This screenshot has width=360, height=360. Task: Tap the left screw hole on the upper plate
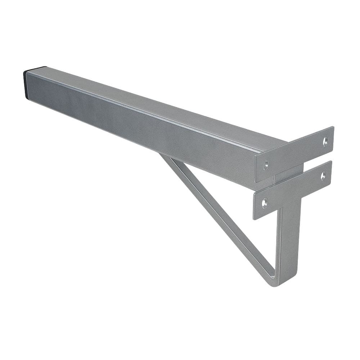[x=266, y=164]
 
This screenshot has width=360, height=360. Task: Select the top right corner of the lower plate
[x=330, y=162]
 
